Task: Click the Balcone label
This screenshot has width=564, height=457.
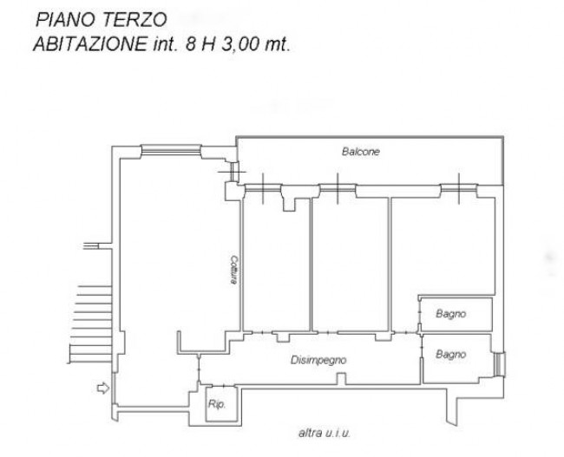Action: click(360, 152)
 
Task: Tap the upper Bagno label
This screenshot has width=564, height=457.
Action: click(451, 314)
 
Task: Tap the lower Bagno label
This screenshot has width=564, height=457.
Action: click(451, 355)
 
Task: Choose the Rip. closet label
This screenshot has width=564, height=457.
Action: click(216, 404)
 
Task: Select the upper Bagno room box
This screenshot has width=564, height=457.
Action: click(456, 313)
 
